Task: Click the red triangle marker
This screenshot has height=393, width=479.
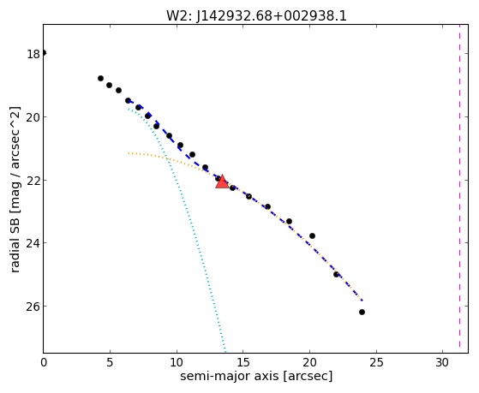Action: [222, 182]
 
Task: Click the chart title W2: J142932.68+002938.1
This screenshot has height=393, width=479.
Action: [256, 16]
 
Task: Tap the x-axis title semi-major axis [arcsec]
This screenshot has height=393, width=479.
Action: [256, 376]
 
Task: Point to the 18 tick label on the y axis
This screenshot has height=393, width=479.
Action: [33, 54]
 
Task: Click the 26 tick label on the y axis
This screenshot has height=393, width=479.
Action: [33, 307]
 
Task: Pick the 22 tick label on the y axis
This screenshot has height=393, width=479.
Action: [33, 181]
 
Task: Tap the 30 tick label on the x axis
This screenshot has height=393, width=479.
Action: [442, 362]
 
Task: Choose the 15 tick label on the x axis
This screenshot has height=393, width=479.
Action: [242, 362]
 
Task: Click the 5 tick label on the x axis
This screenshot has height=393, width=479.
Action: [110, 362]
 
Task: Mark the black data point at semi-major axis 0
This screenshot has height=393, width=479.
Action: [44, 53]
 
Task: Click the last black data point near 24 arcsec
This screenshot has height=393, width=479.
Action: [362, 312]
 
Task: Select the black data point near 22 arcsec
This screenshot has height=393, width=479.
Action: [337, 275]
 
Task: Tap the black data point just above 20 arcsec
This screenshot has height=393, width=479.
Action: [312, 235]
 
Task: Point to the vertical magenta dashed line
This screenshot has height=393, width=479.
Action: [459, 188]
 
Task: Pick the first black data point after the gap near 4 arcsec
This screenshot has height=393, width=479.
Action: [100, 78]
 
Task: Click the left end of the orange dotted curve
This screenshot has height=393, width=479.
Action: [129, 153]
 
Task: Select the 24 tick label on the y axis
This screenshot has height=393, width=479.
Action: [33, 243]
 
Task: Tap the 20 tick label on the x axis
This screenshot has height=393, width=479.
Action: [309, 362]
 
